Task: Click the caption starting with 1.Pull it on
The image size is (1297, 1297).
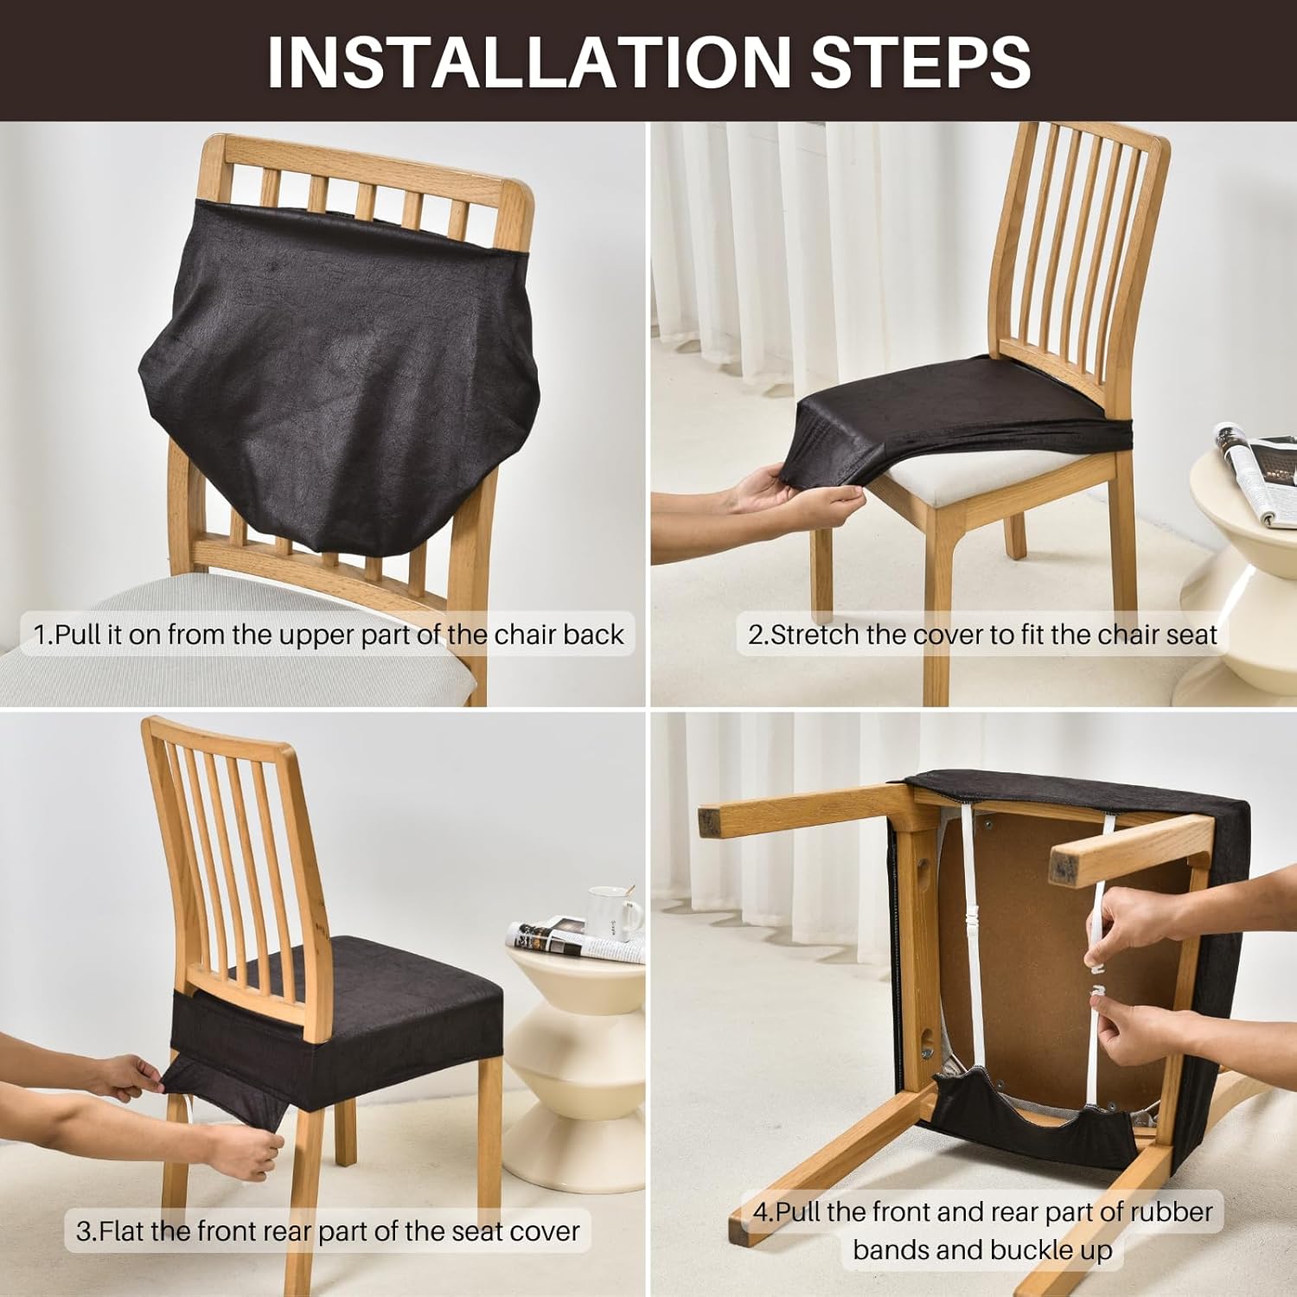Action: click(329, 635)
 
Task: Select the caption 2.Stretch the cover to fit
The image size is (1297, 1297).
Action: click(982, 635)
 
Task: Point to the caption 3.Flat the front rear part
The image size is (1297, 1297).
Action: click(328, 1230)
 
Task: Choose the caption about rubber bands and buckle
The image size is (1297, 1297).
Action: click(982, 1230)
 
